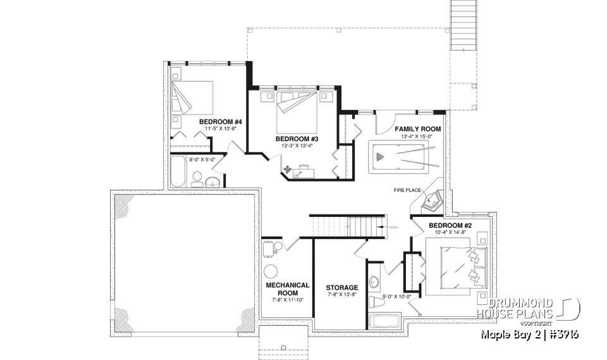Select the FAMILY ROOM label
tap(417, 129)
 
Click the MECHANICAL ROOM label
tap(287, 289)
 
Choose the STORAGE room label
tap(341, 287)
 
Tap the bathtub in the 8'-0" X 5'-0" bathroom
tap(177, 172)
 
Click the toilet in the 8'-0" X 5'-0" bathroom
tap(197, 177)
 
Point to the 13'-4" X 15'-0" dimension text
tap(417, 137)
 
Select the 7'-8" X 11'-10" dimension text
tap(287, 300)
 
